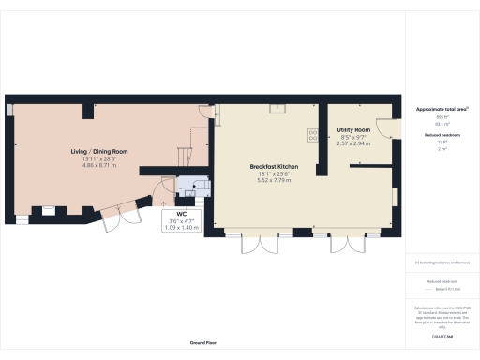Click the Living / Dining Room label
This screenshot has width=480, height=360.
(x=98, y=151)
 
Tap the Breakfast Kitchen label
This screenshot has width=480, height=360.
(x=275, y=166)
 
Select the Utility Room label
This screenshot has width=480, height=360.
(x=348, y=129)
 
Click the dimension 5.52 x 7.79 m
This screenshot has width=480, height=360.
(x=275, y=180)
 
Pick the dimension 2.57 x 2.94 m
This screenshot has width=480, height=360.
(x=348, y=143)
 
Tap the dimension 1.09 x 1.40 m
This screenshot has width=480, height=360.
(x=182, y=228)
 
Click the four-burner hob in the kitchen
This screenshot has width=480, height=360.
(x=313, y=135)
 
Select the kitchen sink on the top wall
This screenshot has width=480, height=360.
(x=278, y=107)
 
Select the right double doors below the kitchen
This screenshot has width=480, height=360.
(x=344, y=244)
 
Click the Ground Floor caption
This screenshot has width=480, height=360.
(x=197, y=343)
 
